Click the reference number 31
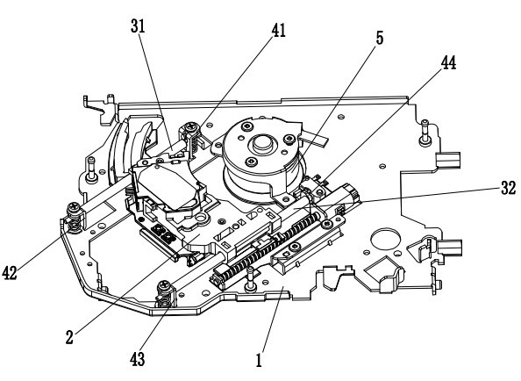(138, 26)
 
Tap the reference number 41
(278, 30)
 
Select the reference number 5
(380, 38)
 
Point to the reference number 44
(448, 62)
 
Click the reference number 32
(509, 188)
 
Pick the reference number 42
(10, 273)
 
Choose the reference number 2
(69, 337)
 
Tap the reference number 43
(138, 359)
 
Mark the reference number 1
(259, 360)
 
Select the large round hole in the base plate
(385, 239)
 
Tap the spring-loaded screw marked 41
(192, 135)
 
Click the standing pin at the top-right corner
(425, 132)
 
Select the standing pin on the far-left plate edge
(91, 169)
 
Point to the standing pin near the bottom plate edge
(250, 278)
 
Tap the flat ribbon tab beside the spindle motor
(314, 137)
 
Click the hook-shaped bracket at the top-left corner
(99, 107)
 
